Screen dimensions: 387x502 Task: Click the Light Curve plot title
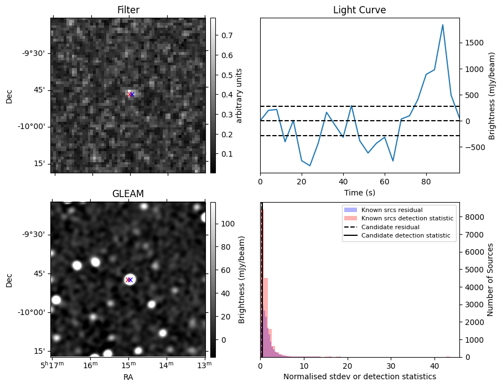pos(359,10)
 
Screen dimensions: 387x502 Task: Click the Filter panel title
pos(128,10)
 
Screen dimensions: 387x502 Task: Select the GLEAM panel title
pos(128,194)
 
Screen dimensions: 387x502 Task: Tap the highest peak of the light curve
pos(443,25)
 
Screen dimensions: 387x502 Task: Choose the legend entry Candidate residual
pos(391,227)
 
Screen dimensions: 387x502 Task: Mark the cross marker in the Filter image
pos(131,94)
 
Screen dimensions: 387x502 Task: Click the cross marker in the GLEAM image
pos(130,280)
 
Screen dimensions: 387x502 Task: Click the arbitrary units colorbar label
pos(240,95)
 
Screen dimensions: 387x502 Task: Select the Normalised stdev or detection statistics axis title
pos(359,376)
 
